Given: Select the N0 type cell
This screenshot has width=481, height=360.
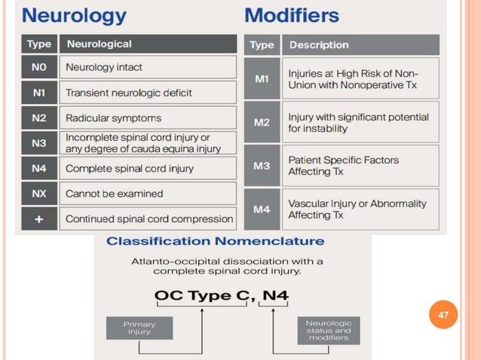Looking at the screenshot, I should (x=38, y=67).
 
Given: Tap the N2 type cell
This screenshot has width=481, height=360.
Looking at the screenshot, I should (x=38, y=118).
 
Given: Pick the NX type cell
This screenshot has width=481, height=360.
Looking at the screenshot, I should (x=38, y=194).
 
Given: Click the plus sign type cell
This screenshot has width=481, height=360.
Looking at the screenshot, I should (x=38, y=219).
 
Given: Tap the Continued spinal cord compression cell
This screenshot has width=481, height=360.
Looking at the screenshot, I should (x=149, y=219).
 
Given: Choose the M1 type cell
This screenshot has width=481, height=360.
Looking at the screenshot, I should (x=262, y=79).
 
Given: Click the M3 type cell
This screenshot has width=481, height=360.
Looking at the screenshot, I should (x=262, y=166).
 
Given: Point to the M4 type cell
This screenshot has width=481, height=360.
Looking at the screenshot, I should (x=262, y=209).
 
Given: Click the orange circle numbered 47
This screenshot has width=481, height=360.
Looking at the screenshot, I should (x=443, y=314).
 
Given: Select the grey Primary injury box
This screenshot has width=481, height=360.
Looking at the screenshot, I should (x=139, y=328).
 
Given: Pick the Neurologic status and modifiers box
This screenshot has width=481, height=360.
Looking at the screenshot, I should (x=328, y=331).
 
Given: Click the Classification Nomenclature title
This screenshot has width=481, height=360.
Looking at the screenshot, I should (x=216, y=242).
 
